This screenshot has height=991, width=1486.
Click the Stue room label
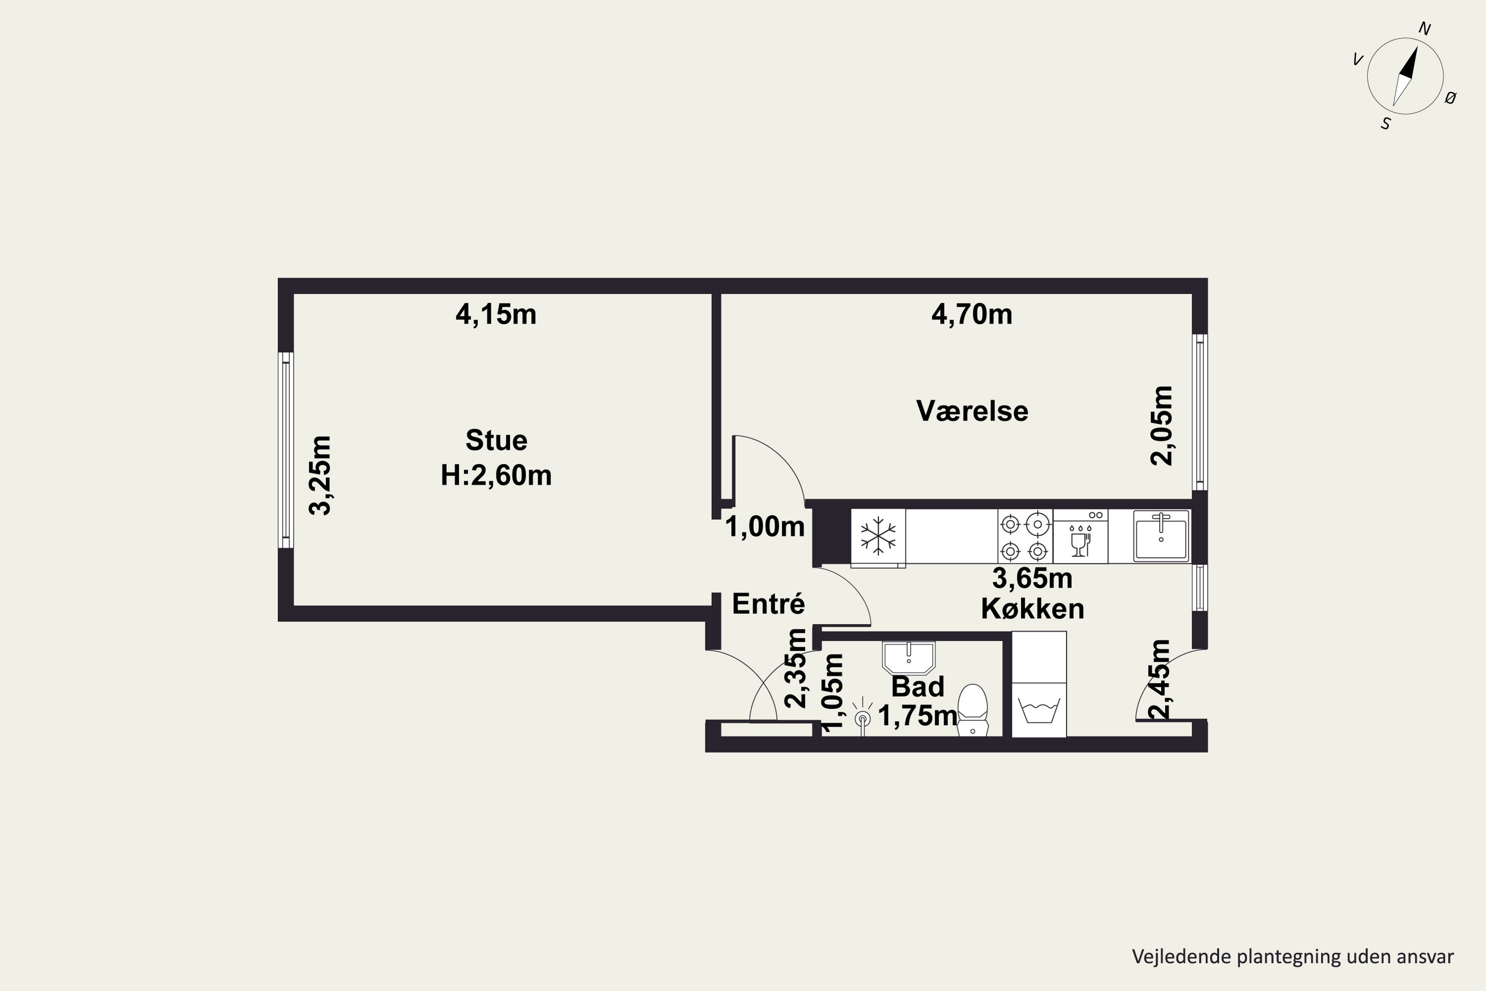(497, 440)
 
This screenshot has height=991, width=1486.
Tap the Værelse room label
(972, 411)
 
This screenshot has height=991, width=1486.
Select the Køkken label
(1032, 608)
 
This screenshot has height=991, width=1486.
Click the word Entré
(768, 604)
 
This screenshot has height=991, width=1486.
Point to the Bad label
(917, 686)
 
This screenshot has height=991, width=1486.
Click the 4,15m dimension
(496, 314)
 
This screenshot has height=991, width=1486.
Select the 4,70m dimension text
(972, 314)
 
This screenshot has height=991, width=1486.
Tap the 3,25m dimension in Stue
(320, 475)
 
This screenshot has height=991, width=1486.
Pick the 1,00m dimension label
(764, 526)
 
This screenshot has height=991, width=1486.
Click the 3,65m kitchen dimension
(1032, 578)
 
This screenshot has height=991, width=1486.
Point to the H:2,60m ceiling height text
(496, 475)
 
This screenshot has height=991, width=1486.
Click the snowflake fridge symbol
(878, 537)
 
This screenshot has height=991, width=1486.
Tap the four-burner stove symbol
(1025, 536)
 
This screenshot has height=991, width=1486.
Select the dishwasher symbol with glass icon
(1080, 536)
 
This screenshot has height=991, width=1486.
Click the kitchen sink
(1161, 536)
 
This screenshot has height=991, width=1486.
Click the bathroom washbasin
(908, 658)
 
